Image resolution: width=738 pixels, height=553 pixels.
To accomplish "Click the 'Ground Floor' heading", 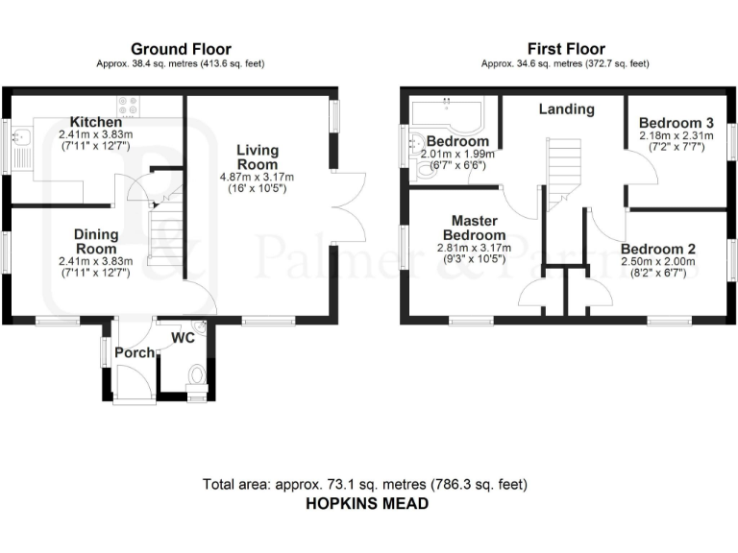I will (x=181, y=49).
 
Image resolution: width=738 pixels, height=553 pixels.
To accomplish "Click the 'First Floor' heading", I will (x=567, y=49).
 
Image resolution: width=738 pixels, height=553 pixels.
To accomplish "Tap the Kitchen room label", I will (x=95, y=123).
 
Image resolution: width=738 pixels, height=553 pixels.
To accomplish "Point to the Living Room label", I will (x=258, y=157).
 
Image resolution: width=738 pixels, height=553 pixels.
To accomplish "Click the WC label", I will (x=184, y=338).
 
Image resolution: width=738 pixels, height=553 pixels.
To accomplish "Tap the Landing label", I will (x=566, y=109).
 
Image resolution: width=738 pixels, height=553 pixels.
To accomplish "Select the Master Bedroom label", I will (x=474, y=228).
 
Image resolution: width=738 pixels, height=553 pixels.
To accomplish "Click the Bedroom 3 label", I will (x=676, y=123).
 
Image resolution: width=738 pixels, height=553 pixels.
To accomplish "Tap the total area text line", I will (x=365, y=483).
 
